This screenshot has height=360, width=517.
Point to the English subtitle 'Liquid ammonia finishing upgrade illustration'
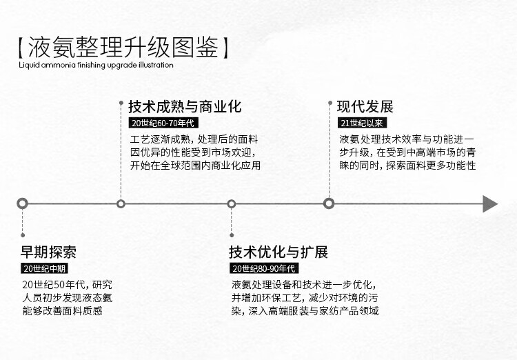96,66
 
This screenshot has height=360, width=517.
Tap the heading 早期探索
48,252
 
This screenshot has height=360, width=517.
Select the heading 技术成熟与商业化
185,107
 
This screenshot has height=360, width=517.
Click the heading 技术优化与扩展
278,252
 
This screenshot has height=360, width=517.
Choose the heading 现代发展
365,107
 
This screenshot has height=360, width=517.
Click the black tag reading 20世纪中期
45,268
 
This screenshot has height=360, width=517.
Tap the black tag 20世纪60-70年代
163,123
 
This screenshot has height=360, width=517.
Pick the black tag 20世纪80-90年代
264,268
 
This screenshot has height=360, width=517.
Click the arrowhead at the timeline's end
489,203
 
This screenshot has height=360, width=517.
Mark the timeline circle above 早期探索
23,203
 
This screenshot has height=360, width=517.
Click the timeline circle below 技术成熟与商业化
121,203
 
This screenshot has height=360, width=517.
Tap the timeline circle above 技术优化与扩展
232,203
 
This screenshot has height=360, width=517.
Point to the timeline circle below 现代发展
329,203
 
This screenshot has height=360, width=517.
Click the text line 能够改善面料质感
63,310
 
